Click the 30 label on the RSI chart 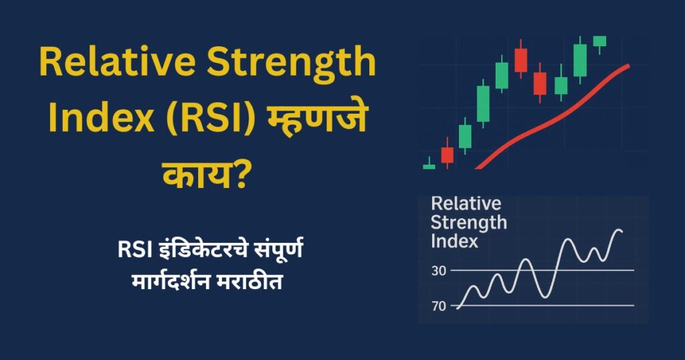click(439, 270)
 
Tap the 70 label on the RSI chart click(439, 306)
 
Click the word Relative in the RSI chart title click(466, 203)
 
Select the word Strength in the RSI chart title click(469, 222)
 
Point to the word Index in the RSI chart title click(455, 241)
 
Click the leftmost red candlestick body click(447, 155)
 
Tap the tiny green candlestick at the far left click(429, 166)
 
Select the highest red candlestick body click(521, 60)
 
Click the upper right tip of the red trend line click(628, 66)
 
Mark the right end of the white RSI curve click(621, 232)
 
